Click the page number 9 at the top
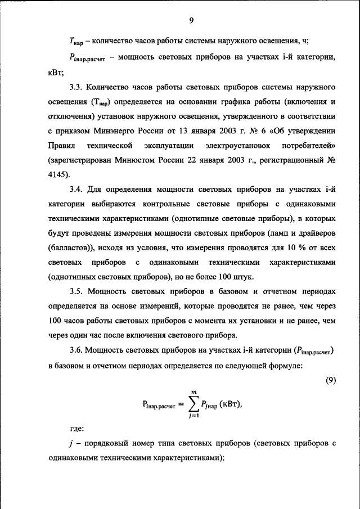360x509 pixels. click(x=191, y=21)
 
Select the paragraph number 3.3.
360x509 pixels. click(x=77, y=88)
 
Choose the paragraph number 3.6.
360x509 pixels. click(x=77, y=350)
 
